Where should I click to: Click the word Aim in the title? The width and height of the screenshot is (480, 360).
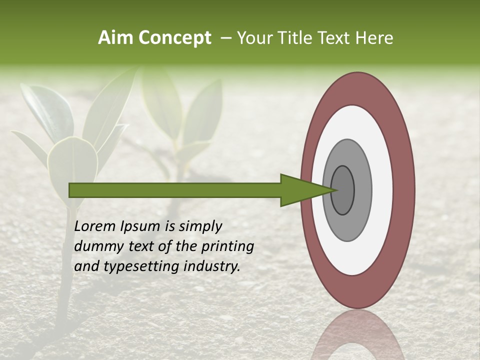(x=116, y=38)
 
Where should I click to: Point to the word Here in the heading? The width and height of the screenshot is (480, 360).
(x=374, y=38)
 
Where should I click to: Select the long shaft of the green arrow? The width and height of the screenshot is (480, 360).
(x=175, y=190)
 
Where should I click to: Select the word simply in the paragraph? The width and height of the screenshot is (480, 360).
(x=199, y=226)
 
